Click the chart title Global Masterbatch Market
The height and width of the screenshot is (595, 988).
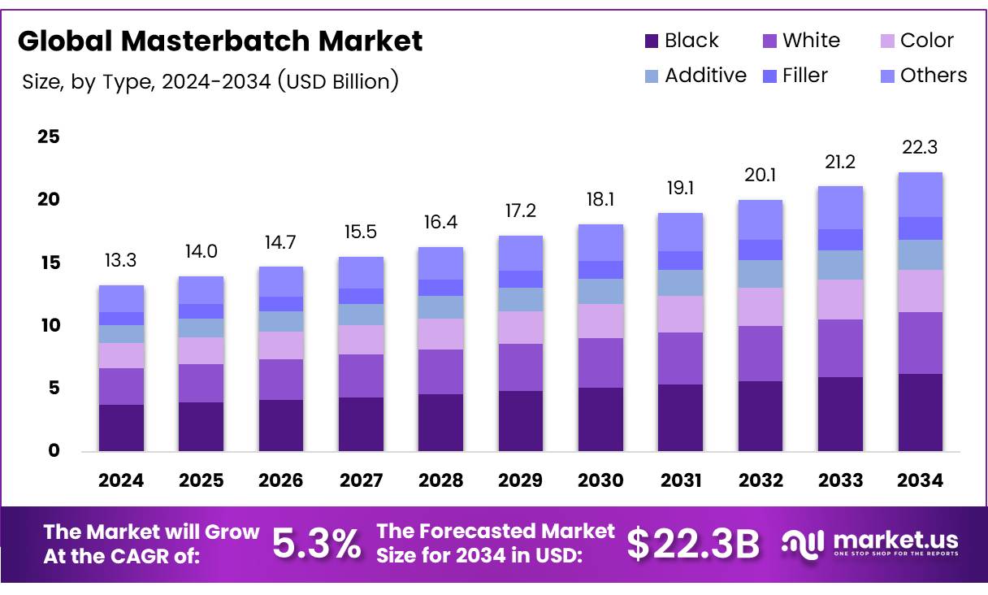220,41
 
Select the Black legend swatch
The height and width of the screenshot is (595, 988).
651,41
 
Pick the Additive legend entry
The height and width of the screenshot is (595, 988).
695,76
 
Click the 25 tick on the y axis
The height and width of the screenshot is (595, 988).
49,137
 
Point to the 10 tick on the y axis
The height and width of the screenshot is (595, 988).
49,325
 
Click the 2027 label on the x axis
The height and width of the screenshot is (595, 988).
361,480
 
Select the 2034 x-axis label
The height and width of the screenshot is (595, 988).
920,480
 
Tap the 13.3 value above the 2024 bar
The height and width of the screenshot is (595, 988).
121,260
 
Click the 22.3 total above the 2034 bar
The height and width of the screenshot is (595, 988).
920,147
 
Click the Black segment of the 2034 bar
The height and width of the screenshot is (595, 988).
920,412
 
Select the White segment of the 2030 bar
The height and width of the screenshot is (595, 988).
600,363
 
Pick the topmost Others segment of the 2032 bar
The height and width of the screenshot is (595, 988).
760,219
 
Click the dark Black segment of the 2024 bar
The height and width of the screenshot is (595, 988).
121,428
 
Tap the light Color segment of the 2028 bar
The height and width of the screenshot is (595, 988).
440,334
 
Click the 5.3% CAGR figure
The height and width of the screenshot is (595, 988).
316,545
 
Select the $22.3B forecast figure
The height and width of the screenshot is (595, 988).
693,545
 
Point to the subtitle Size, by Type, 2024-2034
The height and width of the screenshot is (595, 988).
210,81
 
